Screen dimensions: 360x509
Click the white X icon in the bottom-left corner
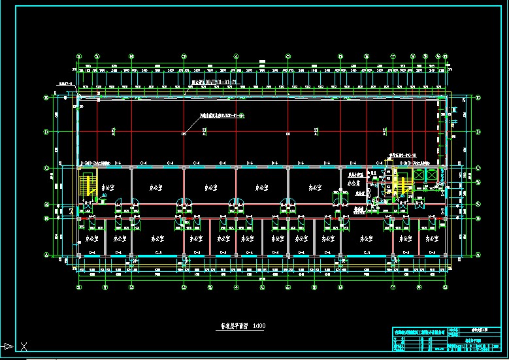coord(24,346)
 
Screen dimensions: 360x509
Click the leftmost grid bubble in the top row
coord(79,56)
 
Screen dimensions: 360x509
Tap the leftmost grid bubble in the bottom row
coord(79,287)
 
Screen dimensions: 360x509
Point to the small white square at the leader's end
coord(184,134)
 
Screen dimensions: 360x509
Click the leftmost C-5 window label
coord(158,252)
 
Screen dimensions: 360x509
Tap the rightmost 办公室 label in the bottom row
coord(431,240)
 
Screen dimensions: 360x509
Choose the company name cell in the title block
coord(418,333)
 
